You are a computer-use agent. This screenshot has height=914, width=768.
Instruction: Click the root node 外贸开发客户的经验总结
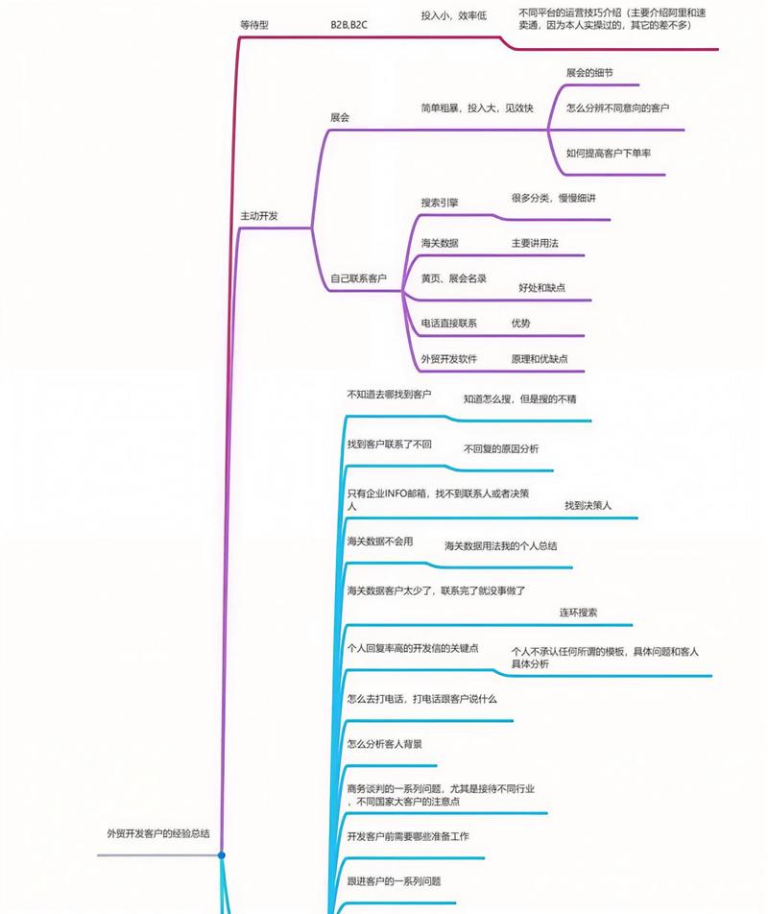158,833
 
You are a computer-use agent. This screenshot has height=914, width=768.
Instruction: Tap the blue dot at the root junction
222,854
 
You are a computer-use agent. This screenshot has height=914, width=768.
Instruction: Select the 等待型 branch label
254,24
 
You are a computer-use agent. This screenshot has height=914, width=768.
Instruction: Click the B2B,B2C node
348,24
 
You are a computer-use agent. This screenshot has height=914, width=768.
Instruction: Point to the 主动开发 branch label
259,216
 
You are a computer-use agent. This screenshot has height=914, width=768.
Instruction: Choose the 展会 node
340,117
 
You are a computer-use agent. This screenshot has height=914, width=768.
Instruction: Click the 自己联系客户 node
358,278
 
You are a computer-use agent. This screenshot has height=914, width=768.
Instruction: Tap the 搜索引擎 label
440,203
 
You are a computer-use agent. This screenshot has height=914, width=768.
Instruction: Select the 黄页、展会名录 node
454,277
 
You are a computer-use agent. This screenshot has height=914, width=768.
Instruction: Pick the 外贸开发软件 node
449,358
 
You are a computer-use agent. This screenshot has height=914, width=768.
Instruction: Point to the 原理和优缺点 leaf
540,358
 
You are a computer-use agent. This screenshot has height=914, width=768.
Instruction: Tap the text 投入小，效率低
454,15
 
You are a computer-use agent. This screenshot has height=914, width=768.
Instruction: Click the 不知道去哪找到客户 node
389,395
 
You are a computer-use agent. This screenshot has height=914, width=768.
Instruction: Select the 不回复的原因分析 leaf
501,448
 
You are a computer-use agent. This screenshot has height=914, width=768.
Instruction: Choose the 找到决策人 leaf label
588,505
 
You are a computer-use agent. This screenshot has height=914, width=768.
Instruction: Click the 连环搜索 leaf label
579,612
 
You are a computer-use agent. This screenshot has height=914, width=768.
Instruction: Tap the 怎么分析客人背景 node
385,743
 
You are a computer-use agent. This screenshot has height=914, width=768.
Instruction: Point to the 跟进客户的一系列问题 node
394,880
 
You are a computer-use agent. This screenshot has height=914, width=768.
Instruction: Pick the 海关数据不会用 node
380,541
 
